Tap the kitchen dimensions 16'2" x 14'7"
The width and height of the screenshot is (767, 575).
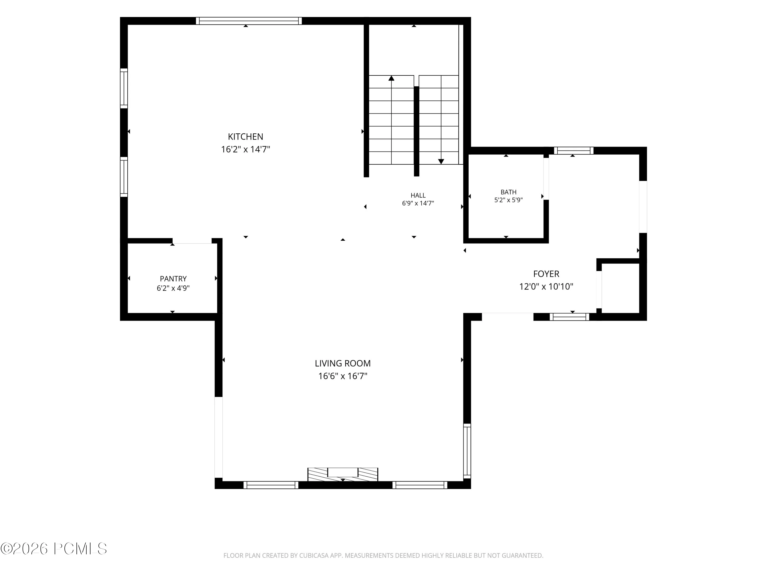pos(245,149)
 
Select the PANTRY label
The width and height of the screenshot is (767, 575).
pos(173,279)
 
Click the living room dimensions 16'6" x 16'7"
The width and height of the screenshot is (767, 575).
pos(343,376)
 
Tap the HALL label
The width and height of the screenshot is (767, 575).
pos(418,195)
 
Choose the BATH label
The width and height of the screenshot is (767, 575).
pos(508,192)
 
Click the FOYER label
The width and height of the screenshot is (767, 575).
pos(546,274)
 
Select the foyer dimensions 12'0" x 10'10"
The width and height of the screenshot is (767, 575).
pos(546,287)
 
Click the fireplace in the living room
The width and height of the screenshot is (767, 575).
pos(343,474)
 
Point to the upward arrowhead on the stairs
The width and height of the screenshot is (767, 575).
pos(391,78)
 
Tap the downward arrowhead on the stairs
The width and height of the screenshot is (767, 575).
pos(441,162)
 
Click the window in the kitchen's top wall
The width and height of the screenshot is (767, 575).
pos(249,21)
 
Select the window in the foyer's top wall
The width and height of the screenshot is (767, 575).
pos(573,151)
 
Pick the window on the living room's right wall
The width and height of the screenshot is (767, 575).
pos(467,451)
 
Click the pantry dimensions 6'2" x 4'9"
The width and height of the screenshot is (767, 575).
pos(173,288)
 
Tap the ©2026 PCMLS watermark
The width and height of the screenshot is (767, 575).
pos(54,549)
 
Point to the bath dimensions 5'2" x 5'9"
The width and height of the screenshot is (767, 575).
pos(508,200)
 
